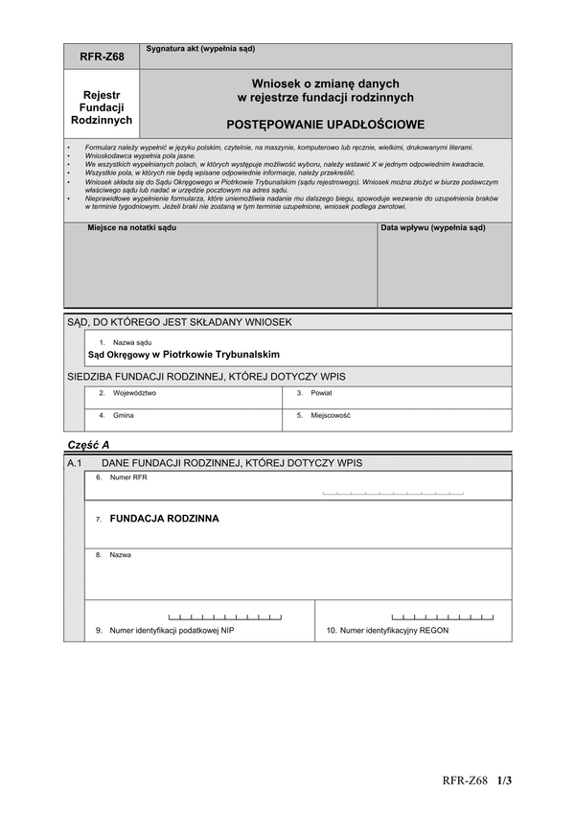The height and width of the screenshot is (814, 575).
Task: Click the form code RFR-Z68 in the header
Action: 102,58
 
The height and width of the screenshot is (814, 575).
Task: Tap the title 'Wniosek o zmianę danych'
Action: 325,83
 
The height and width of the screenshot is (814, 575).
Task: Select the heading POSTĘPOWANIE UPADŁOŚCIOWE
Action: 325,125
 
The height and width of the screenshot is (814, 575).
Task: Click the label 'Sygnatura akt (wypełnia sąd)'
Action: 200,48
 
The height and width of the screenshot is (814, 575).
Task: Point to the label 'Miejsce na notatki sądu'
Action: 132,228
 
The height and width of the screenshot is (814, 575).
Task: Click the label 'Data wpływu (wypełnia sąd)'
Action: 433,228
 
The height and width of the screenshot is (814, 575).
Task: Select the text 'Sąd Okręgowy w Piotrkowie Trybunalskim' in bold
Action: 184,354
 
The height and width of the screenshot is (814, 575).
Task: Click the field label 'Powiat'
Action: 321,393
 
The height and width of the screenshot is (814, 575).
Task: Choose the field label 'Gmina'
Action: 124,415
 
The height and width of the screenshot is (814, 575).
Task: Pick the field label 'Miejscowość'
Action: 331,415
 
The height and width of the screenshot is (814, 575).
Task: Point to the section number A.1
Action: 77,462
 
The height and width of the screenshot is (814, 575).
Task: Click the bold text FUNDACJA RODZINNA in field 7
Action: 164,519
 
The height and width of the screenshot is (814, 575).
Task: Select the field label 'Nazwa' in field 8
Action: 121,555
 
